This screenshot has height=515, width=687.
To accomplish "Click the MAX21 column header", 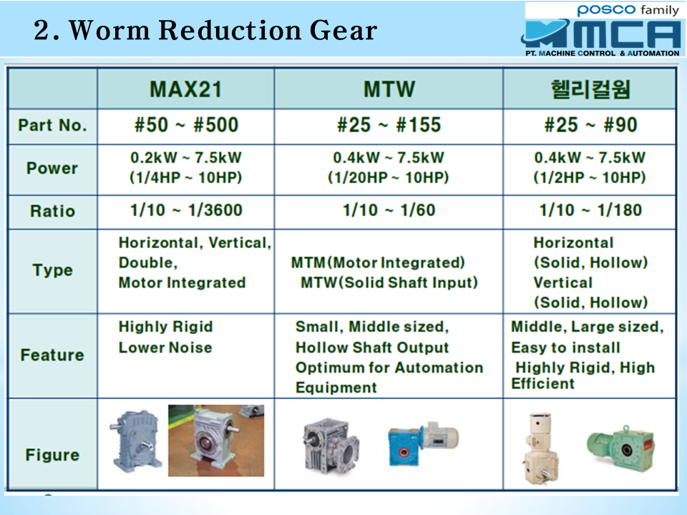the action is tap(186, 89).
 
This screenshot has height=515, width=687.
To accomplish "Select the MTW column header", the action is tap(389, 89).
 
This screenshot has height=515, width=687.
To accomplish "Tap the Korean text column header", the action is tap(590, 89).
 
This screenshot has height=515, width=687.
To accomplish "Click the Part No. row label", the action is tap(52, 126).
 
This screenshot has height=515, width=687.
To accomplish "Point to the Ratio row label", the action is tap(52, 211).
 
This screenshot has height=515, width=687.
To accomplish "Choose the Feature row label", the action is tap(52, 355).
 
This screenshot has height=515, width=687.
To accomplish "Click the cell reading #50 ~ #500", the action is tap(186, 124).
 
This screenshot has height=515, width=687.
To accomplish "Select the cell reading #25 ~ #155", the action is tap(389, 124).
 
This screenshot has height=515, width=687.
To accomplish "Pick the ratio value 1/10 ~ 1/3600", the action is tap(186, 210).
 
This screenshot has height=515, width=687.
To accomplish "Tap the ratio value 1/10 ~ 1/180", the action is tap(590, 210).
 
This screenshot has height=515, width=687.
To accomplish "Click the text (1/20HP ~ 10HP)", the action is tap(388, 178).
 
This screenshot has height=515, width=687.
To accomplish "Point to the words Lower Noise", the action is tap(165, 348).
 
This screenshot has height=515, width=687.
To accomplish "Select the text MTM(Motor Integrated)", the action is tap(378, 263).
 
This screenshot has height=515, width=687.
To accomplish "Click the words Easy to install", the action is tap(565, 348).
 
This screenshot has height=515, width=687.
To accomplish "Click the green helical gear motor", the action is tap(620, 447).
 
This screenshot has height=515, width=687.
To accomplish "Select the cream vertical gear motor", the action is tap(538, 448).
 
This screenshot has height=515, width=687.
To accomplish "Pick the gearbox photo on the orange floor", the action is tap(216, 441).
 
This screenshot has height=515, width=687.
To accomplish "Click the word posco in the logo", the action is tap(606, 9).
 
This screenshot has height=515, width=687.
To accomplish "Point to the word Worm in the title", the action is tap(109, 31).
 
